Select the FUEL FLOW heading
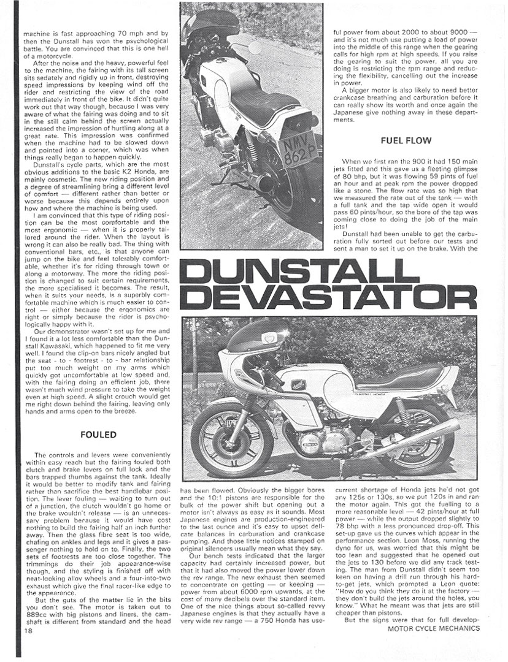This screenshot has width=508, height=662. point(406,140)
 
